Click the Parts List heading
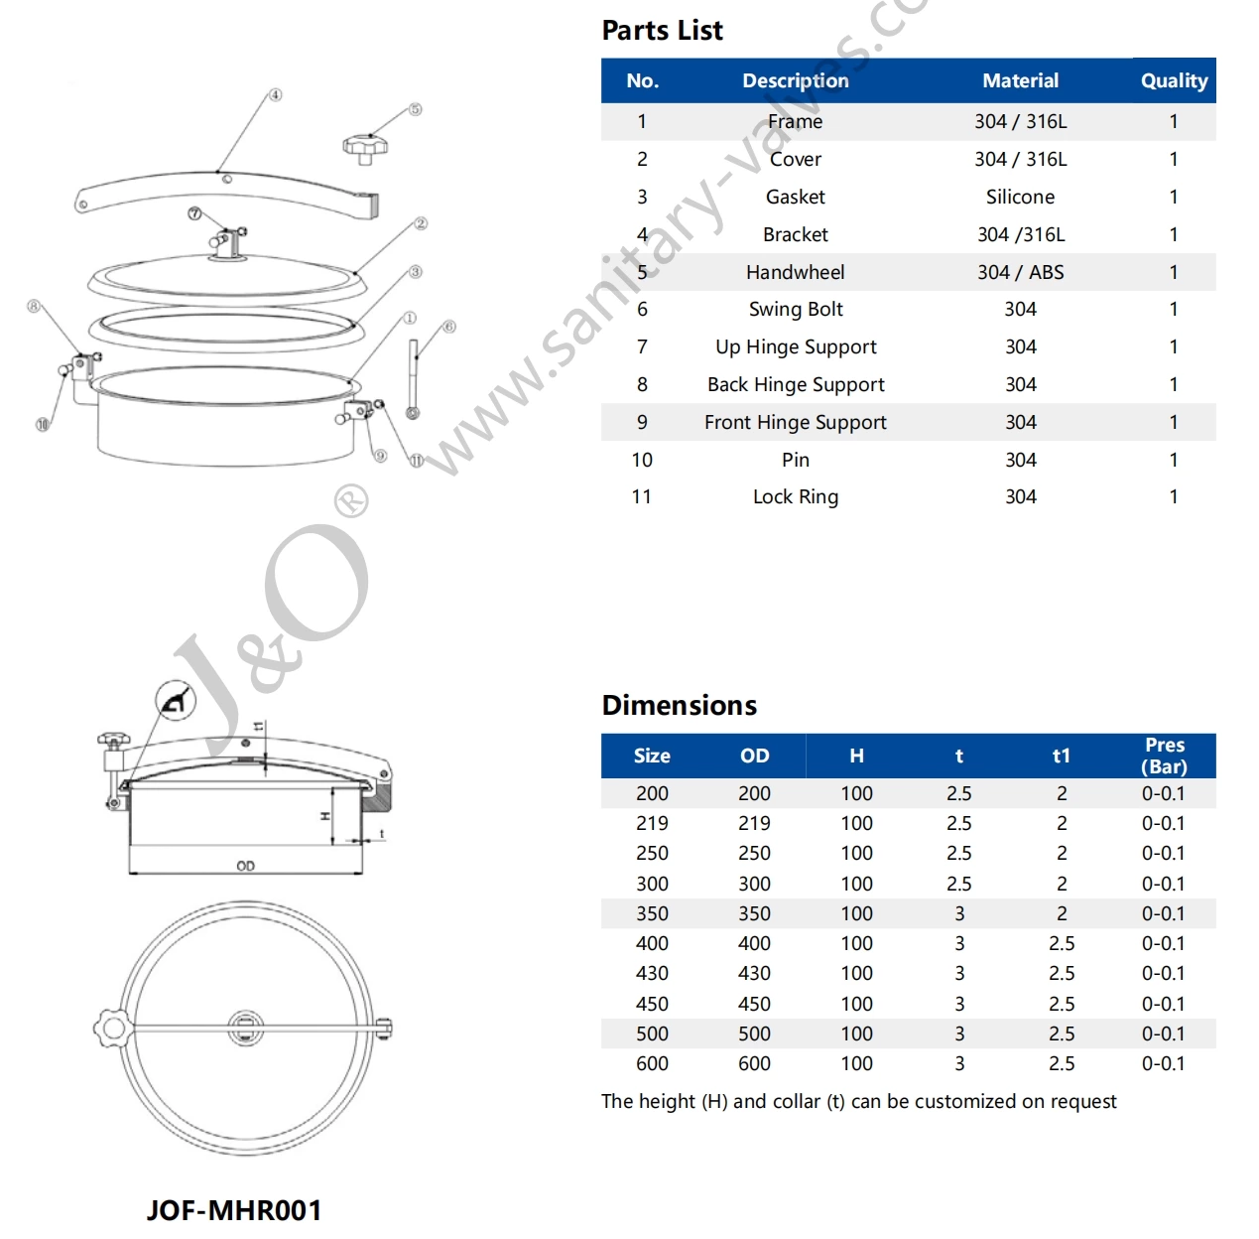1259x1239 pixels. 662,31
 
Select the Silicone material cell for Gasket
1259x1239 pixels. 1020,197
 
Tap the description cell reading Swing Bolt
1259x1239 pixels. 795,309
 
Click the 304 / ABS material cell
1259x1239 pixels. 1020,272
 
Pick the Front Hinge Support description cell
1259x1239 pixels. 795,422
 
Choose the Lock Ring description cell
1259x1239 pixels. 795,496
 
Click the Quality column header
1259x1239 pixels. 1174,80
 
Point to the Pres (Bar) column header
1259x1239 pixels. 1164,756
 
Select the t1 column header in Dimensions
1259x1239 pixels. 1061,756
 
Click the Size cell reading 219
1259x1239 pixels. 652,823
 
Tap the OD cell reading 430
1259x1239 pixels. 754,973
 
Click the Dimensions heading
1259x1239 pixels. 679,705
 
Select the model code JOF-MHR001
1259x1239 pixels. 234,1210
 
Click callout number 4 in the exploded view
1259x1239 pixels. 275,95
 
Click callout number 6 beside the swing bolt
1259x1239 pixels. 448,327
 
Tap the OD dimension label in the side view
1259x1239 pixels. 245,866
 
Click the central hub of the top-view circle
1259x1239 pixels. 246,1028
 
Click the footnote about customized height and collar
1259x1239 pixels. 858,1101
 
